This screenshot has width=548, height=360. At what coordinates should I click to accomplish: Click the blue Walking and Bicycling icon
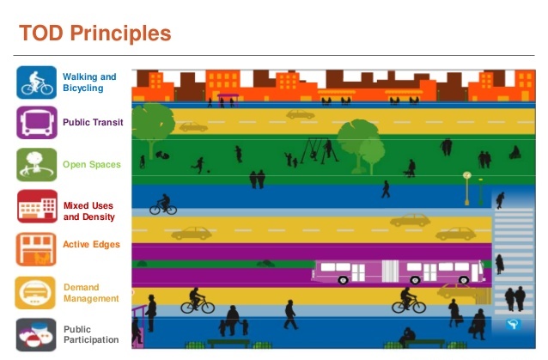pos(36,82)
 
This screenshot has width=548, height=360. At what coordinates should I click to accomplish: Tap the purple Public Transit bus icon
pos(36,123)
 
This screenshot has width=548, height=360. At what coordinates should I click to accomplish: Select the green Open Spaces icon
pos(36,165)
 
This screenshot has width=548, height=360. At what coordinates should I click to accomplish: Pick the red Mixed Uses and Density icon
pos(37,206)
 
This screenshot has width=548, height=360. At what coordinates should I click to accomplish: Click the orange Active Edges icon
pos(36,249)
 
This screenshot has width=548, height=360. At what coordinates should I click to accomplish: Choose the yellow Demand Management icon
pos(35,292)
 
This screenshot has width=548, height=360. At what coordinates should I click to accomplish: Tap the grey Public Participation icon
pos(36,334)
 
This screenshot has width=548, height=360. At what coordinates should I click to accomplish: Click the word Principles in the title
pos(120,34)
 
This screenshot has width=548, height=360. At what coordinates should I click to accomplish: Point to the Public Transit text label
pos(93,122)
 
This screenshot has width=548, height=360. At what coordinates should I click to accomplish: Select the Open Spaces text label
pos(92,165)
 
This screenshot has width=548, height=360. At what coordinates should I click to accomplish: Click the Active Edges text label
pos(92,244)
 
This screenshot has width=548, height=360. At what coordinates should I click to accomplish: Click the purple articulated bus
pos(399,272)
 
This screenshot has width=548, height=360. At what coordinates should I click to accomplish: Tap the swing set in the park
pos(320,150)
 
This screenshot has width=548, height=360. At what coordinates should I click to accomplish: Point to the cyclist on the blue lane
pos(163,204)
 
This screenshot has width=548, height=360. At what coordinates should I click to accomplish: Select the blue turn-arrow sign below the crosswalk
pos(513,325)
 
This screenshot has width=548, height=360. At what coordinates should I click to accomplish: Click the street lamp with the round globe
pos(467,188)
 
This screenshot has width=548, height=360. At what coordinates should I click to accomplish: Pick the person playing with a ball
pos(200,165)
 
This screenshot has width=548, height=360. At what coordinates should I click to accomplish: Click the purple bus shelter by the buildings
pos(228,101)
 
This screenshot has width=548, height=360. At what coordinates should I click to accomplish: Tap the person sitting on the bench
pos(407,336)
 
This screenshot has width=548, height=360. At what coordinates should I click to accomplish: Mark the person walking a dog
pos(410,168)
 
